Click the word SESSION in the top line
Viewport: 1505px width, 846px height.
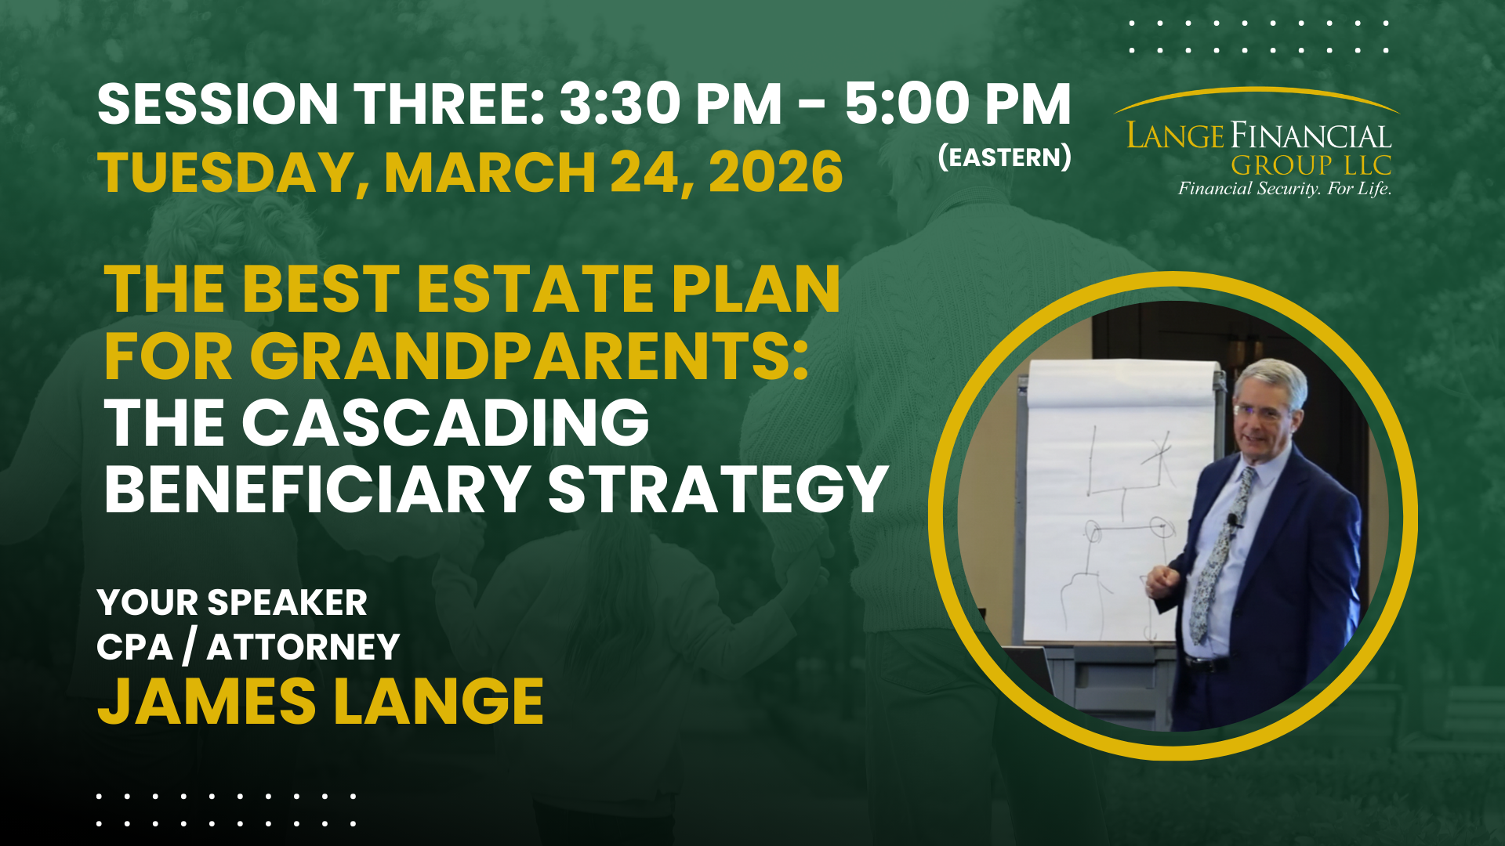tap(218, 104)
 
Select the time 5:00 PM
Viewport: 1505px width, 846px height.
tap(958, 104)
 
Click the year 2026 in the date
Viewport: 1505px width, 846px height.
tap(776, 172)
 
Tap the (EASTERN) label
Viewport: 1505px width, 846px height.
tap(1005, 157)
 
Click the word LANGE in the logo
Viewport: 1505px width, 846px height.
tap(1174, 136)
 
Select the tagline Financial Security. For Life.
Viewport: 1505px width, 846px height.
tap(1285, 189)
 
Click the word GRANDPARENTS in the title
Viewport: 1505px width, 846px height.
tap(529, 356)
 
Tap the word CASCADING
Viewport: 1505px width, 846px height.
tap(445, 423)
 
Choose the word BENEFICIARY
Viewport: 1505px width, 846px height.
tap(317, 490)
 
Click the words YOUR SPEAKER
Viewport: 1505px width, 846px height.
tap(232, 602)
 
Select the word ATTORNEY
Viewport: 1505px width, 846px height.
tap(303, 648)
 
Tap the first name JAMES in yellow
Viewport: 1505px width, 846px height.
tap(207, 702)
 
